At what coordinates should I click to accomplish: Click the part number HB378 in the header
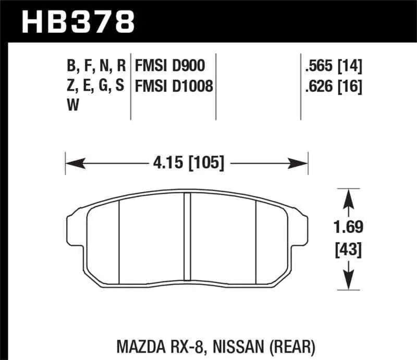[x=77, y=22]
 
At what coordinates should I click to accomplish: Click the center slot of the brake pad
[x=188, y=234]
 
